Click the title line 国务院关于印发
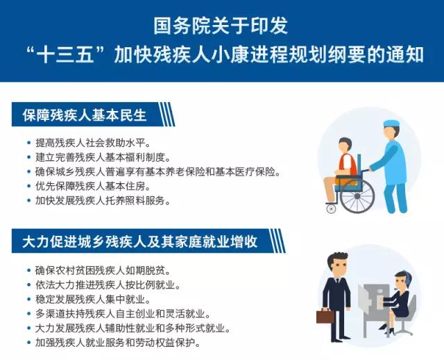click(x=221, y=26)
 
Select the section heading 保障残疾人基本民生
click(x=85, y=115)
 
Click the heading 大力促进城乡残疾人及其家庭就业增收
click(x=140, y=241)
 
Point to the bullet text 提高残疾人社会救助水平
click(x=92, y=143)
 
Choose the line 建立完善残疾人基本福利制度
click(x=102, y=157)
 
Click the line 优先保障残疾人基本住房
click(x=92, y=186)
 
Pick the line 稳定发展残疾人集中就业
click(x=92, y=300)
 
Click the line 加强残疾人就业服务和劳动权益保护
click(x=117, y=343)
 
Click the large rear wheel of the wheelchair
click(x=357, y=196)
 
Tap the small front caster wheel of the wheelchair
click(x=331, y=209)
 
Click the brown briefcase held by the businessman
click(x=325, y=316)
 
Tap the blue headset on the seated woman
click(x=407, y=278)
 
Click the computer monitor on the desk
click(x=364, y=299)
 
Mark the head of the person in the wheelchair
click(x=345, y=146)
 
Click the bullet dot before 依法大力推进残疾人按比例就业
click(x=28, y=285)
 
